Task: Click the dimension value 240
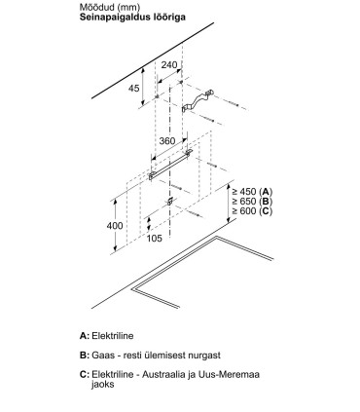[x=169, y=65]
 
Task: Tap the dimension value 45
[x=134, y=88]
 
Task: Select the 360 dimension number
[x=167, y=141]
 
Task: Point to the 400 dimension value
[x=115, y=225]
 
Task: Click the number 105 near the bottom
[x=154, y=239]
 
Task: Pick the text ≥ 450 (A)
[x=252, y=192]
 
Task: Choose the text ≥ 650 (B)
[x=252, y=202]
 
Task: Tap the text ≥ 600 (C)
[x=252, y=211]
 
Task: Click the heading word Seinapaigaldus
[x=115, y=18]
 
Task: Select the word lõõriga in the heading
[x=168, y=17]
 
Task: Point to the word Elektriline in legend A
[x=113, y=335]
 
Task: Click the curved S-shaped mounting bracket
[x=197, y=101]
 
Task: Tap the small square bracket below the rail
[x=169, y=202]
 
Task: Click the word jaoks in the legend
[x=103, y=385]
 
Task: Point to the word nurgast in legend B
[x=204, y=356]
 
